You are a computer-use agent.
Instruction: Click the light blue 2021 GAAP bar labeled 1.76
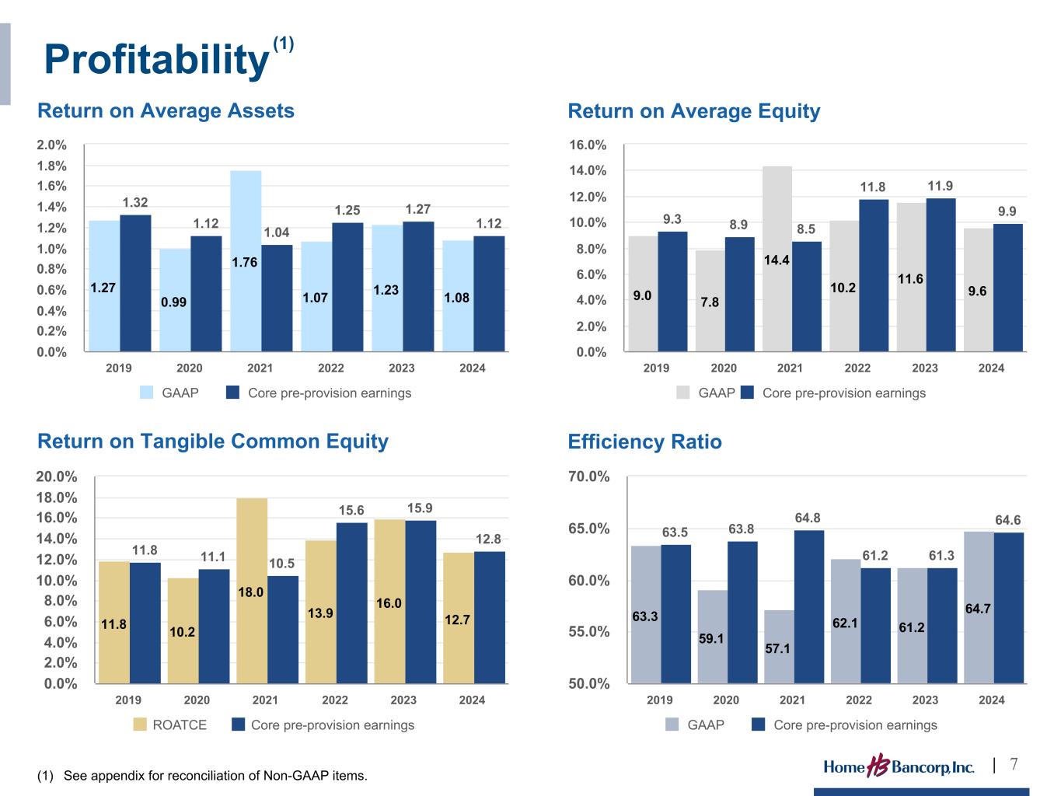point(246,261)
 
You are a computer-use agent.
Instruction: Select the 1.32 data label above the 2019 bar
point(135,202)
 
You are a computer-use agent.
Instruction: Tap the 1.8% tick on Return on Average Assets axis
point(52,166)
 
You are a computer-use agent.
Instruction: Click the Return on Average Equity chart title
point(693,111)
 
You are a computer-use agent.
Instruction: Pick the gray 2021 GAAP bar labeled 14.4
point(777,259)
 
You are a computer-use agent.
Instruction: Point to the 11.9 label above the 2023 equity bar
point(941,186)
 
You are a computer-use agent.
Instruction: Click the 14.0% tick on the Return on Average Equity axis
point(588,170)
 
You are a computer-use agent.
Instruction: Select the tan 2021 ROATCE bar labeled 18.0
point(252,591)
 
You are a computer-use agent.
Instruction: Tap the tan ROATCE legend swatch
point(140,724)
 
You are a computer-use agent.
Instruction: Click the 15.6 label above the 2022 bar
point(351,511)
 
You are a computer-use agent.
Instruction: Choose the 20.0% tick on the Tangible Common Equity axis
point(57,477)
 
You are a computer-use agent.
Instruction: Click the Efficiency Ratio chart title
point(645,442)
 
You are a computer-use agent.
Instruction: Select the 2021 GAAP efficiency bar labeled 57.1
point(779,647)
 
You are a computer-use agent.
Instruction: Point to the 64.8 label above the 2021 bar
point(808,518)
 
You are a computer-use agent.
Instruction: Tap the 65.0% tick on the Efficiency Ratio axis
point(588,529)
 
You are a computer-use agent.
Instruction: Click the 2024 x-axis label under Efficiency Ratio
point(991,700)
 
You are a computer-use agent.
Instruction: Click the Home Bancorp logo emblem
point(878,765)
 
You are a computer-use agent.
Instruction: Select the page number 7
point(1014,764)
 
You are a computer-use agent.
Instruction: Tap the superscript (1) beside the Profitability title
point(283,44)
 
